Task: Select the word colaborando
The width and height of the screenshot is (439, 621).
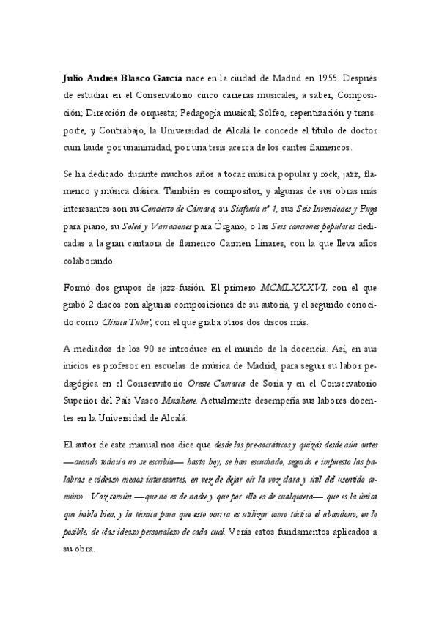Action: pyautogui.click(x=89, y=264)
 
